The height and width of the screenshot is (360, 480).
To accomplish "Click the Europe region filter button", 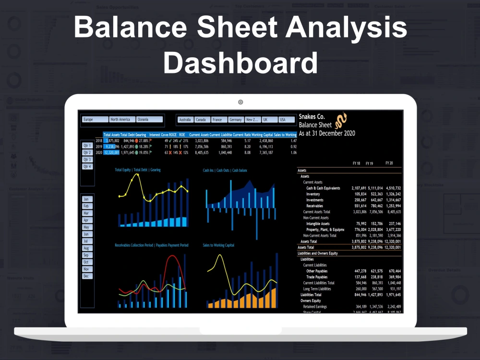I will point(95,120).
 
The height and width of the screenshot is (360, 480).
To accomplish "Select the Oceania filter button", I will point(149,120).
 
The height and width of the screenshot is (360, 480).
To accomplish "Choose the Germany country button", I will point(236,120).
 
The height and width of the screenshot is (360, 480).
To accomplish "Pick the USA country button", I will point(287,120).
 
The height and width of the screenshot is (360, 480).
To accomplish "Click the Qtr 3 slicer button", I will point(87,159).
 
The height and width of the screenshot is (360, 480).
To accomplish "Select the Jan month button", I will point(87,199).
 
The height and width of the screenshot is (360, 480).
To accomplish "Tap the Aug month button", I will point(87,248).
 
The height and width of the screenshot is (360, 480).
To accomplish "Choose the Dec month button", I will point(87,276).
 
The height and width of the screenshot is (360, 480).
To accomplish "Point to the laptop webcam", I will point(240,102).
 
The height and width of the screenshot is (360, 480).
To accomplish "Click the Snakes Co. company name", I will point(312,117).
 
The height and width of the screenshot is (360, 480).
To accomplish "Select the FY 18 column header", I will point(356,164).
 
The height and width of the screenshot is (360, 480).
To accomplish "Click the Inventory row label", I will point(316,194).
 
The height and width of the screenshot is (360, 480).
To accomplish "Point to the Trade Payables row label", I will point(317,277).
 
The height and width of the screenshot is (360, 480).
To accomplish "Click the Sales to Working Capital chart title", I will point(218,245).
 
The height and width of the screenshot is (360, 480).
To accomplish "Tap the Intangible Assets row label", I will point(318,224).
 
